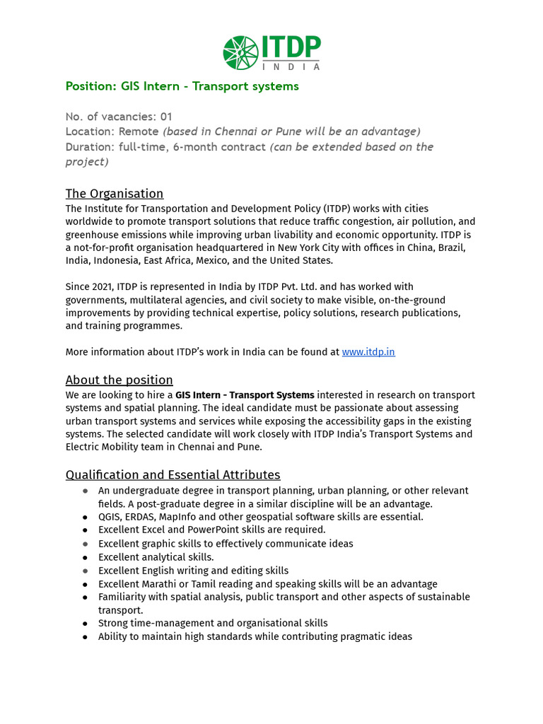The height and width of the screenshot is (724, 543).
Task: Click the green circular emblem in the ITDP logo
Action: (x=240, y=53)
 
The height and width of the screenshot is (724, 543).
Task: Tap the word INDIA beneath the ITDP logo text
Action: (x=291, y=67)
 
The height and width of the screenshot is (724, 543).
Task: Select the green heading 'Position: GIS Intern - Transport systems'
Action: (x=182, y=86)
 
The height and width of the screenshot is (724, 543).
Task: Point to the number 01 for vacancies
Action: (x=165, y=116)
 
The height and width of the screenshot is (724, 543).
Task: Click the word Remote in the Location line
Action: (x=139, y=132)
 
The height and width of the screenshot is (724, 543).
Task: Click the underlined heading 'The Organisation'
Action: (x=115, y=194)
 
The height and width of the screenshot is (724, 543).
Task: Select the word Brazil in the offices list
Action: (x=452, y=247)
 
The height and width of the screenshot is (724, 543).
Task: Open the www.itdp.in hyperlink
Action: (x=368, y=351)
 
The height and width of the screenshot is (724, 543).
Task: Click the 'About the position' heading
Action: (x=119, y=380)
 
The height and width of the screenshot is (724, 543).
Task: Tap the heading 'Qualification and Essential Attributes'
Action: (x=173, y=474)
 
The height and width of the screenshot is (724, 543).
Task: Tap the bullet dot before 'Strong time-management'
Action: (x=85, y=624)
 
